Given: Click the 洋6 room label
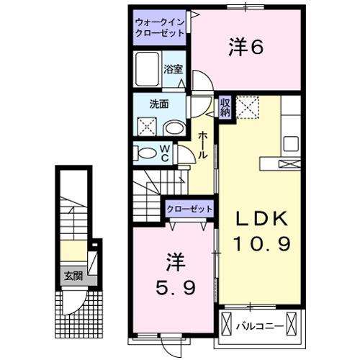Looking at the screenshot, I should [245, 48].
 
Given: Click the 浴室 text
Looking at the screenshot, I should [173, 70].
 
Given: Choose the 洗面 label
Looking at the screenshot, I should [158, 104].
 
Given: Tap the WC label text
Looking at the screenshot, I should [164, 153].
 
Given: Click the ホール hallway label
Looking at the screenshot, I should [204, 148].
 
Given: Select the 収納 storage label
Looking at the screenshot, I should [225, 107].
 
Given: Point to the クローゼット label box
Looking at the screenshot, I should [190, 208].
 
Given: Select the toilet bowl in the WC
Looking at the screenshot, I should [146, 153].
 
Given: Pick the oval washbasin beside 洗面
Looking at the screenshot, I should [173, 128].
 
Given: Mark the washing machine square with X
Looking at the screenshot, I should [147, 128].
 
